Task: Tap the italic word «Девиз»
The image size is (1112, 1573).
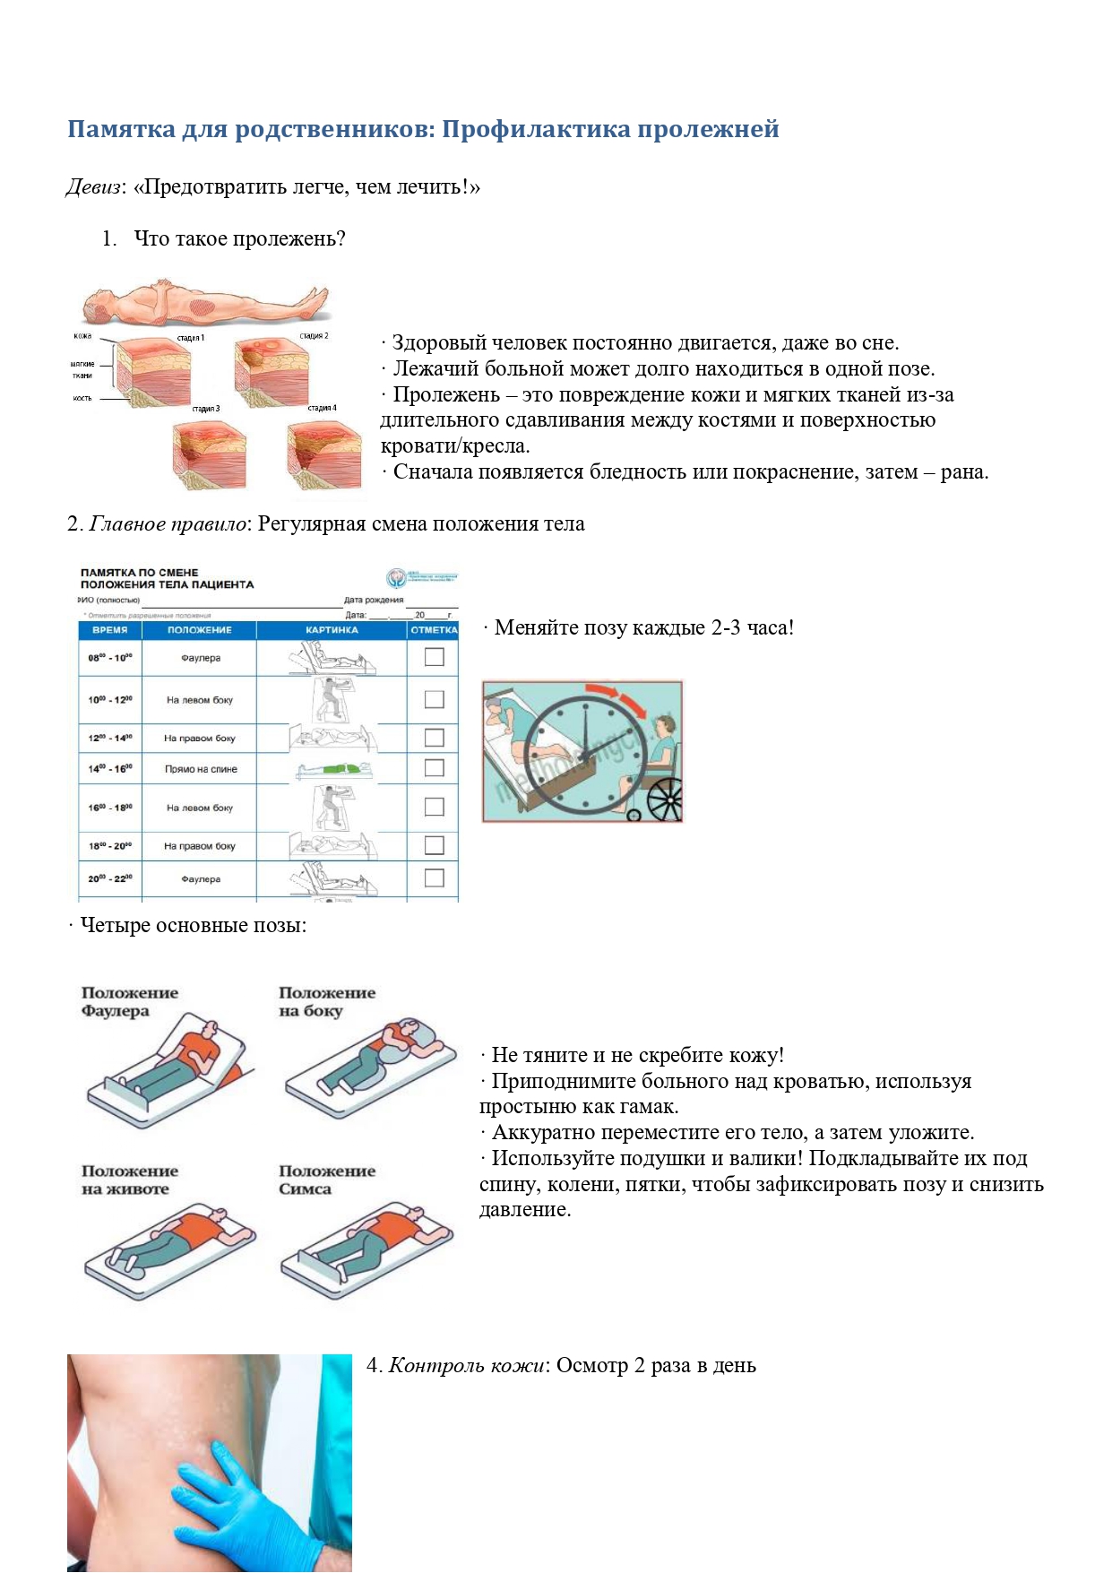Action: tap(93, 187)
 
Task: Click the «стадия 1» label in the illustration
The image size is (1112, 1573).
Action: tap(190, 338)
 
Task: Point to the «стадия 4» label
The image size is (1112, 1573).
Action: tap(322, 408)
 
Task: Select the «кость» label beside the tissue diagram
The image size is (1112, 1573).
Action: tap(82, 398)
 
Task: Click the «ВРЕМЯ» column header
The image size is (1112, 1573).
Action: tap(110, 630)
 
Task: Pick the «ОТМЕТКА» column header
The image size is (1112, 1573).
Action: tap(434, 630)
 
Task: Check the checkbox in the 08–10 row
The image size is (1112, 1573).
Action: tap(435, 657)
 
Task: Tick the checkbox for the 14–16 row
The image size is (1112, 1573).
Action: tap(435, 768)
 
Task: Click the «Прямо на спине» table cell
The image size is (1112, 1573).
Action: tap(201, 769)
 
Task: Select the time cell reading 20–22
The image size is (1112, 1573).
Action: tap(110, 879)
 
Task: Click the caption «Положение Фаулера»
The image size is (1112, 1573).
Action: tap(129, 1002)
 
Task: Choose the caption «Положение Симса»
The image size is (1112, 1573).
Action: tap(326, 1180)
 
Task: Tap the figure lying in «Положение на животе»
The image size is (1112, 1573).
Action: tap(170, 1241)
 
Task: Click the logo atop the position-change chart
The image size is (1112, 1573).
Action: tap(397, 578)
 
